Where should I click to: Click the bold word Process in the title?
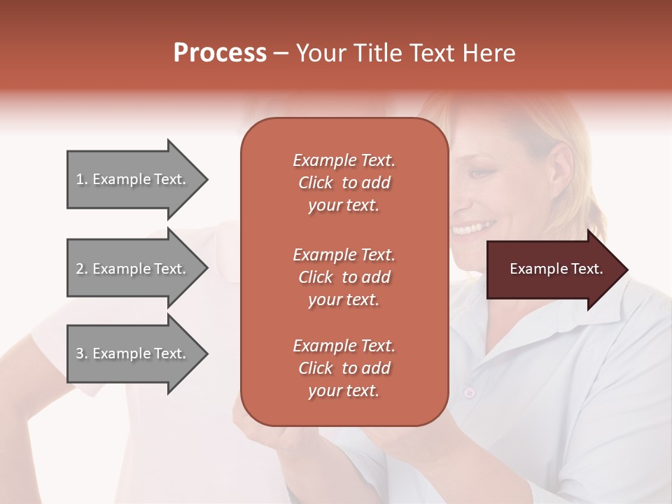220,53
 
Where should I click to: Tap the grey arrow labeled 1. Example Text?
133,179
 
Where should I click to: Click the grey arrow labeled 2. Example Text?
133,269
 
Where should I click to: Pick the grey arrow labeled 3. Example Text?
133,353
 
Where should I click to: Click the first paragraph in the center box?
344,183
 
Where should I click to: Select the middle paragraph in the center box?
344,277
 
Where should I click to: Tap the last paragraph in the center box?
344,368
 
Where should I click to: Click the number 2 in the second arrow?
80,269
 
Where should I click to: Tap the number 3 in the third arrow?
80,353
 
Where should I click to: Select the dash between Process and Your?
281,53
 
